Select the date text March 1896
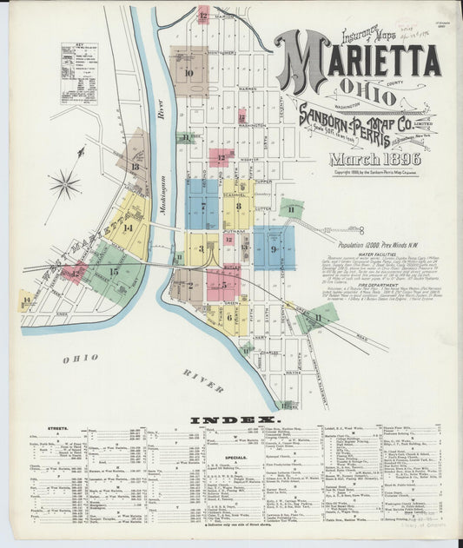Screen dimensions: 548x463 [374, 159]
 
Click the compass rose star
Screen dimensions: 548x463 [64, 183]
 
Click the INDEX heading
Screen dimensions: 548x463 [230, 421]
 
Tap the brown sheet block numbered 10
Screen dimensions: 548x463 [188, 73]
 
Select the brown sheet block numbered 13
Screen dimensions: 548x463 [136, 166]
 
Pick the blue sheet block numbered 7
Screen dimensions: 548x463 [202, 206]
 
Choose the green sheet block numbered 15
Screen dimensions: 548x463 [114, 272]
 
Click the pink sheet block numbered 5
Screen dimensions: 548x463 [223, 283]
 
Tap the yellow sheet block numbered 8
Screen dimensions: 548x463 [237, 207]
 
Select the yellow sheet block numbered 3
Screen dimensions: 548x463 [201, 249]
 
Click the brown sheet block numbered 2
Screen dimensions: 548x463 [189, 284]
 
